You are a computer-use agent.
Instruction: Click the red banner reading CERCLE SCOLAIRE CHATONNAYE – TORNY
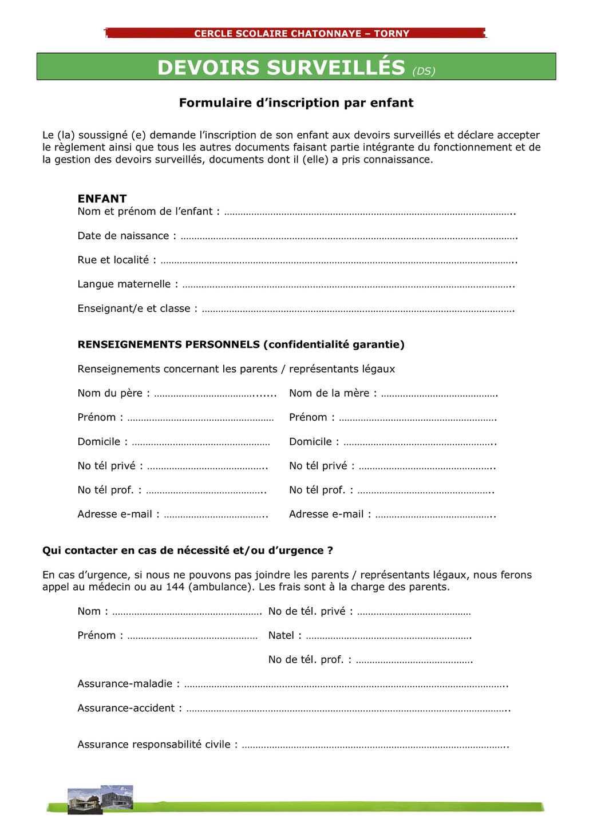(x=301, y=33)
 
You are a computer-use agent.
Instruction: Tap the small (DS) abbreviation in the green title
(x=424, y=71)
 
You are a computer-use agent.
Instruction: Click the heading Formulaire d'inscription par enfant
(x=296, y=103)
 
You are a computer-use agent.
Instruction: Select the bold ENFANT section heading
(x=102, y=199)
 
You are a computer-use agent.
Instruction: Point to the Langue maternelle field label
(x=128, y=284)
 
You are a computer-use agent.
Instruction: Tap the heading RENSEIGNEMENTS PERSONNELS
(x=169, y=345)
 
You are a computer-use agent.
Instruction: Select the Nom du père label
(x=113, y=393)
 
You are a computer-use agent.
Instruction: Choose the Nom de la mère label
(x=333, y=393)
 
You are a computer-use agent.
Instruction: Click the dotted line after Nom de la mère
(x=439, y=394)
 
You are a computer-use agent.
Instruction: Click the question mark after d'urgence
(x=330, y=551)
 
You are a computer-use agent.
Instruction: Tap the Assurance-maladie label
(x=128, y=684)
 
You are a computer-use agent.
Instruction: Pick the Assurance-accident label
(x=129, y=708)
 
